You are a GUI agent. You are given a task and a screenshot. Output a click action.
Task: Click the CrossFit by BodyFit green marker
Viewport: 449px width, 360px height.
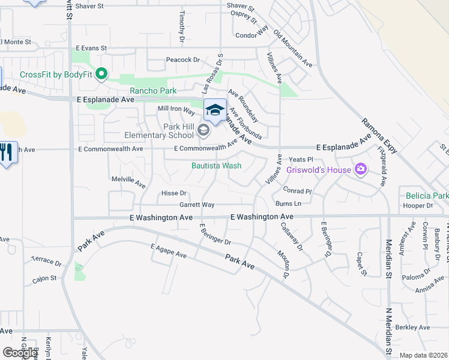[101, 74]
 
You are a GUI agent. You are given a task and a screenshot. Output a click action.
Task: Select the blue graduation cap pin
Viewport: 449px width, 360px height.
[215, 110]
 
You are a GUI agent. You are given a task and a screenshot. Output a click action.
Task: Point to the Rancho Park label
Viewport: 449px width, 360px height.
[153, 91]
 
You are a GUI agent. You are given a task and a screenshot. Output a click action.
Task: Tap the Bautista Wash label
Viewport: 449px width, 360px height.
[216, 166]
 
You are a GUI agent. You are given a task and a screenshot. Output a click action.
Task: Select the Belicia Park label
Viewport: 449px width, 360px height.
[427, 196]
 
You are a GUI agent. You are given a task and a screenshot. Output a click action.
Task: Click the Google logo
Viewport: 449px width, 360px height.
[20, 353]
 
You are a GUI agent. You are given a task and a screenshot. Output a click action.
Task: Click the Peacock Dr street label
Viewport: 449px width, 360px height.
[182, 60]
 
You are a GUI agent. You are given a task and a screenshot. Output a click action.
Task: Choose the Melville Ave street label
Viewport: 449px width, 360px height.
[128, 181]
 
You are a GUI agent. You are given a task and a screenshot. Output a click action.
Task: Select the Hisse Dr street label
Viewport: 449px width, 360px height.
[174, 193]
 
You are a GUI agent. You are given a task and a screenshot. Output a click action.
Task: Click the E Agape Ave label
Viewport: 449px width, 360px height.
[169, 250]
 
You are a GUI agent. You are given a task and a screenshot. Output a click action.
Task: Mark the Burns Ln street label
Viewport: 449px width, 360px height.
[288, 204]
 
